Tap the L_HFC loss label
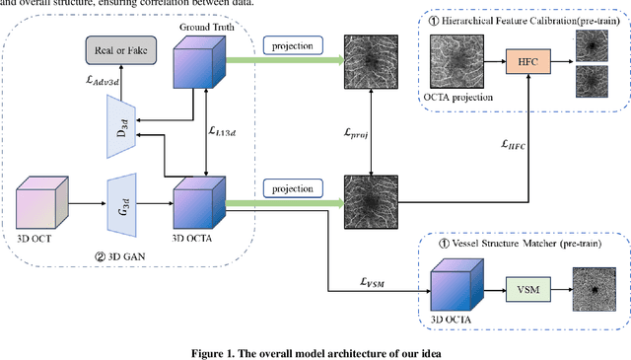pyautogui.click(x=514, y=145)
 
